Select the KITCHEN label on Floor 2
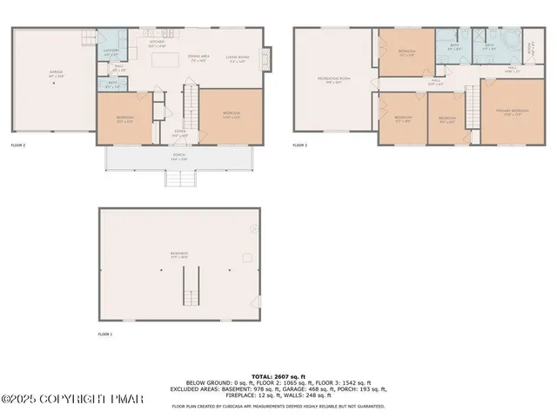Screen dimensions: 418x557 pos(157,43)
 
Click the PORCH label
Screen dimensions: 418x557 pos(178,157)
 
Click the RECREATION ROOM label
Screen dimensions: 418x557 pos(332,80)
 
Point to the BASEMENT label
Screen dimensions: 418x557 pos(179,255)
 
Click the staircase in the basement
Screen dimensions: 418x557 pos(190,286)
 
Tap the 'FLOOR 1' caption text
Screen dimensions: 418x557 pos(105,334)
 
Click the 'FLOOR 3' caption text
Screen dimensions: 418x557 pos(300,145)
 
